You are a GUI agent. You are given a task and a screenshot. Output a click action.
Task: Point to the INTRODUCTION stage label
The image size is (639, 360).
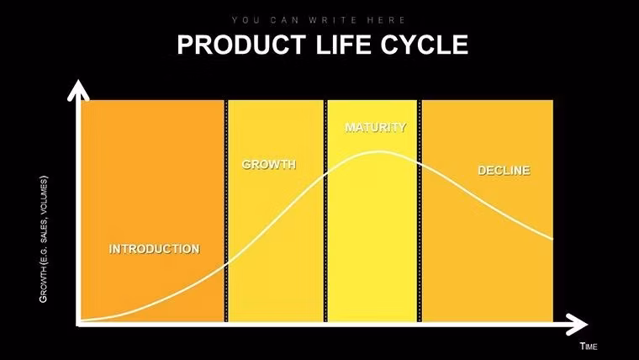tap(155, 249)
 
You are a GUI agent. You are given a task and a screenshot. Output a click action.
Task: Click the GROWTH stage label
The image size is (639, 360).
tap(269, 164)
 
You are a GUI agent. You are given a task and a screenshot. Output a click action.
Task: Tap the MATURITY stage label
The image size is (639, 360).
tap(375, 128)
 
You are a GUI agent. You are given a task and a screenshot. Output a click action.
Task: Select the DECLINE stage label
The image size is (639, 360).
tap(504, 171)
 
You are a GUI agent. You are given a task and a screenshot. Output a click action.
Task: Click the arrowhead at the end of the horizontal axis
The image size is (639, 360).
tap(579, 323)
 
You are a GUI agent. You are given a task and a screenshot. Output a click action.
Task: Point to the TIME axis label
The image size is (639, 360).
tap(588, 346)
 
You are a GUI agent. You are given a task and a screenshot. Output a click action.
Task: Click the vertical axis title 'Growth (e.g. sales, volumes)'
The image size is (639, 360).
tap(44, 239)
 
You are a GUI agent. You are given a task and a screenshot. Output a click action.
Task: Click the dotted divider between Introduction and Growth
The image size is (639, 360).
tap(225, 210)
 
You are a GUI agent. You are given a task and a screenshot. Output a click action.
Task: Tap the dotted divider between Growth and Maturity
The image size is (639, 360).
tap(325, 210)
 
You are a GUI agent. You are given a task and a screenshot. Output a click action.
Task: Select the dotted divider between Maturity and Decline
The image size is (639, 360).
tap(420, 210)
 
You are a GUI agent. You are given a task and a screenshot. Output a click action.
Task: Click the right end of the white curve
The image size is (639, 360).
tap(552, 240)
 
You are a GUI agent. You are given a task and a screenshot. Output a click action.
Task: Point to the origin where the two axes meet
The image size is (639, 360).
tap(78, 323)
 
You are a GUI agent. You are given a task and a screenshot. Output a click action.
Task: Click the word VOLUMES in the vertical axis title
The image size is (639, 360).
tap(44, 194)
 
